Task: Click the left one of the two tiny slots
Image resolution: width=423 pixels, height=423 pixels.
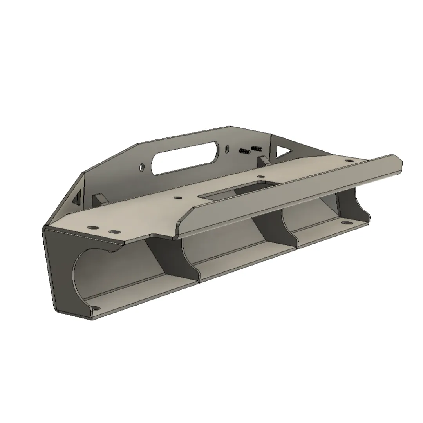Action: (x=244, y=151)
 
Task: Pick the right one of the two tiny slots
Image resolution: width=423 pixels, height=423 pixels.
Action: (x=257, y=148)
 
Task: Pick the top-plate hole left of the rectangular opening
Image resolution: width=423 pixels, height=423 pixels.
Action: (x=177, y=198)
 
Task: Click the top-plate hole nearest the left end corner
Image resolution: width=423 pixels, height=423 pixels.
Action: (x=92, y=227)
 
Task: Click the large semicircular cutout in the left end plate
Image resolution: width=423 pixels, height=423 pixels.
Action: (x=84, y=274)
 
